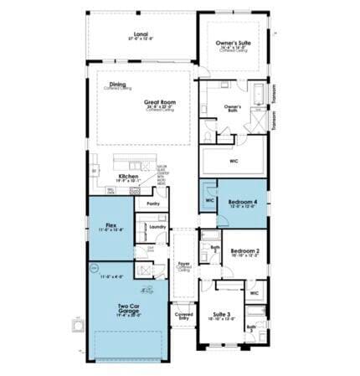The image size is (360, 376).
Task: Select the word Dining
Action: [x=116, y=84]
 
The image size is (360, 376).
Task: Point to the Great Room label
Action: [x=158, y=101]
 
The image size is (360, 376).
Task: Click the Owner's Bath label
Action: [x=233, y=107]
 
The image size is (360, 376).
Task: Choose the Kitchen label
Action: [x=128, y=176]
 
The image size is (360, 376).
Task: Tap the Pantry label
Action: [x=153, y=203]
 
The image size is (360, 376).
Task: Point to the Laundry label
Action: [x=157, y=226]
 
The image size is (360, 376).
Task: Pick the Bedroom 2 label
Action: [x=244, y=250]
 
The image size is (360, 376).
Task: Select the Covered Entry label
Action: [x=183, y=317]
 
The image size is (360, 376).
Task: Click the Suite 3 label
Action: [x=221, y=314]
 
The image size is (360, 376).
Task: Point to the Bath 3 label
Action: [x=252, y=328]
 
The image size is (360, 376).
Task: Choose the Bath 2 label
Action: [x=214, y=249]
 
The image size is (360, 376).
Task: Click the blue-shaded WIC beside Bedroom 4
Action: [x=209, y=201]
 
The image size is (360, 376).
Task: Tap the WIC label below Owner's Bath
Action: [x=234, y=160]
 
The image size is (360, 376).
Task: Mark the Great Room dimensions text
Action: [x=158, y=107]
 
